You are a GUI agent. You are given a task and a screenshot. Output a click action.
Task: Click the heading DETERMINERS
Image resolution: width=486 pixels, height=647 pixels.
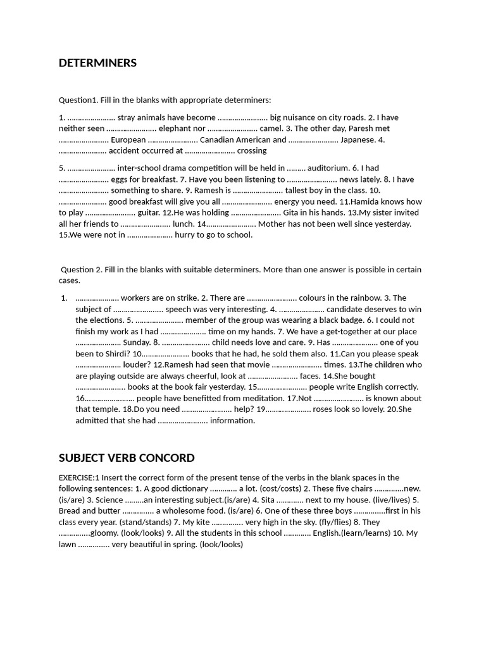pos(97,63)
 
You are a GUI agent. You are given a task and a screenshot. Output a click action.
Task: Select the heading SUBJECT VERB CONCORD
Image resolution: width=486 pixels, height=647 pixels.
pos(127,458)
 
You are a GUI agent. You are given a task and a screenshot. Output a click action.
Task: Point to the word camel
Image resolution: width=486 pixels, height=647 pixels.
pos(271,128)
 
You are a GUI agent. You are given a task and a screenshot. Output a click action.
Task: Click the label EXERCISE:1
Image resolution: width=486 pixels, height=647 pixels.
pos(79,478)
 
